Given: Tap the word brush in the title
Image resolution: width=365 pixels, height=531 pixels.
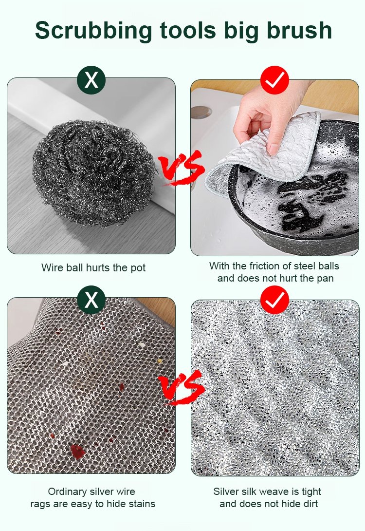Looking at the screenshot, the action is [299, 30].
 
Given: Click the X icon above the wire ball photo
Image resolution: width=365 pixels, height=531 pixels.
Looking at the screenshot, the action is [91, 80].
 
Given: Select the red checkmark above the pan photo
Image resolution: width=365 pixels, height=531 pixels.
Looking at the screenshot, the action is [274, 80].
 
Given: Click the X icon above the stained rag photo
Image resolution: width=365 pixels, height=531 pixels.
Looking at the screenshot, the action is [91, 300].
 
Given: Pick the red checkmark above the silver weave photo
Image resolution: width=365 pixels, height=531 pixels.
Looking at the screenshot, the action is [274, 300].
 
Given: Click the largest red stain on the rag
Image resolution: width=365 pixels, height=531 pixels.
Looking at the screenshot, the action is [77, 452].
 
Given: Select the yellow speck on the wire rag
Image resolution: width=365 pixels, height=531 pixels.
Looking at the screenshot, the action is [160, 361].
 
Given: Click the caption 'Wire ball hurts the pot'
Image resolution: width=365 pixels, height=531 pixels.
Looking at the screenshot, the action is [93, 268].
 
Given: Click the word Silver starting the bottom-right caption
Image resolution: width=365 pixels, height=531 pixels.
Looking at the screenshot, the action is [226, 492].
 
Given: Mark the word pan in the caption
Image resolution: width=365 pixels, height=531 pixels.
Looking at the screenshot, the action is [325, 279].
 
